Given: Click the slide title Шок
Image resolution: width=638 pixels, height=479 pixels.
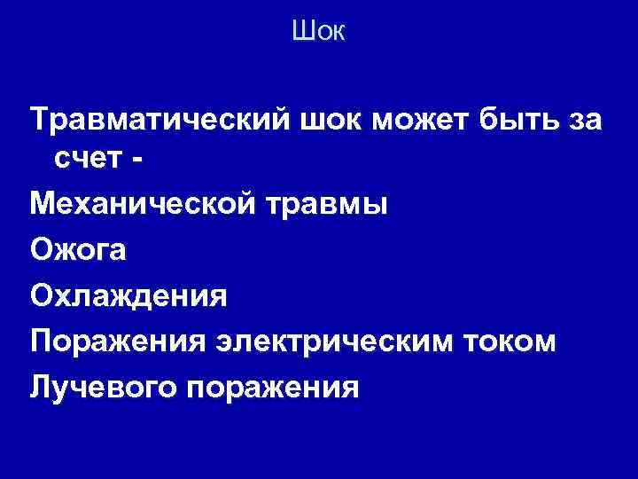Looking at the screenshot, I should pyautogui.click(x=318, y=33).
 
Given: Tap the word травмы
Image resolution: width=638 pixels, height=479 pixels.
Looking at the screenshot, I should pyautogui.click(x=329, y=205).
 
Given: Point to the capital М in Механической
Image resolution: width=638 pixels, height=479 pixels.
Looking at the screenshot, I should pyautogui.click(x=43, y=205).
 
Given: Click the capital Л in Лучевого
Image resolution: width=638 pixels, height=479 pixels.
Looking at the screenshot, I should pyautogui.click(x=40, y=387).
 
